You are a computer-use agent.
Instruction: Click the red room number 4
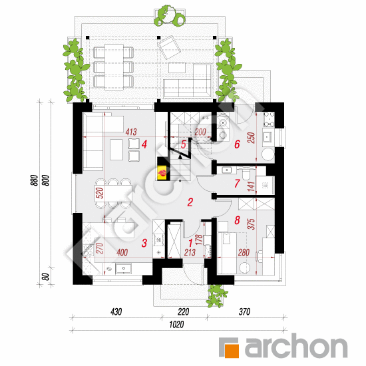(x=144, y=144)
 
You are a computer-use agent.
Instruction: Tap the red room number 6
(x=237, y=144)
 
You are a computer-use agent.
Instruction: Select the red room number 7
(x=237, y=184)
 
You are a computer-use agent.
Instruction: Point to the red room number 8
(x=237, y=220)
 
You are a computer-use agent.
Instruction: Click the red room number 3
(x=144, y=243)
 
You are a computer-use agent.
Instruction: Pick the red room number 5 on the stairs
(x=184, y=144)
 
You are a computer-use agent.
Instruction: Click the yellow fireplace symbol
(x=162, y=173)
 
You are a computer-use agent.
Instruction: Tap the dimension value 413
(x=131, y=132)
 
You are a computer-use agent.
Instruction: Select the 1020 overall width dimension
(x=176, y=325)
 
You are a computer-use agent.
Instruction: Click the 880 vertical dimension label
(x=35, y=180)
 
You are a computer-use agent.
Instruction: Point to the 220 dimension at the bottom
(x=183, y=312)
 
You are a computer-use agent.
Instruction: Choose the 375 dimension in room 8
(x=252, y=224)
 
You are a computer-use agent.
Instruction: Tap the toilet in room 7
(x=246, y=173)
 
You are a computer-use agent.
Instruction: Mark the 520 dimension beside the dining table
(x=99, y=193)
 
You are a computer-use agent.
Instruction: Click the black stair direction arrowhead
(x=180, y=156)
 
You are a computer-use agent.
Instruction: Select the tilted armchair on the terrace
(x=169, y=47)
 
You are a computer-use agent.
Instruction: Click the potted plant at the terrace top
(x=170, y=16)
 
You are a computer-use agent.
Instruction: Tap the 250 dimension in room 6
(x=252, y=138)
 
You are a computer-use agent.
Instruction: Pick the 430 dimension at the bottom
(x=116, y=312)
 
